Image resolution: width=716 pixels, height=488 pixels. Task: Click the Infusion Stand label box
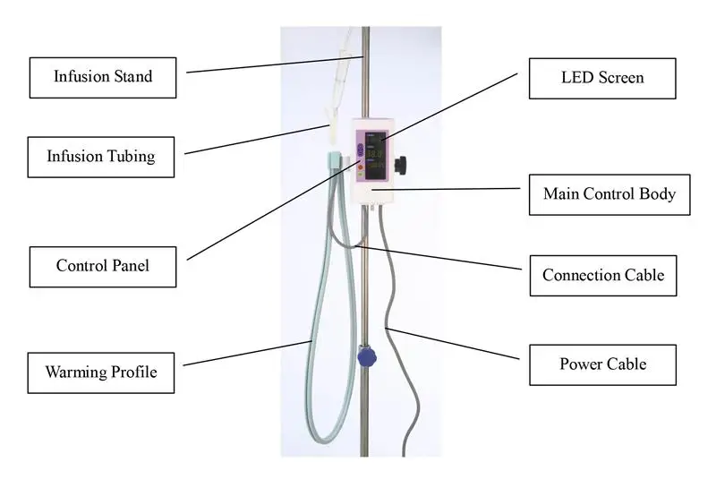pyautogui.click(x=103, y=77)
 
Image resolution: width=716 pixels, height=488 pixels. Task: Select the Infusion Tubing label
pyautogui.click(x=101, y=156)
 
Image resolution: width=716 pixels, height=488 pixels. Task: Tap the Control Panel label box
pyautogui.click(x=102, y=265)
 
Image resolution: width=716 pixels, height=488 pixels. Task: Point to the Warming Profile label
pyautogui.click(x=101, y=372)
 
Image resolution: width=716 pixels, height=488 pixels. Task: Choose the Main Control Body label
pyautogui.click(x=609, y=193)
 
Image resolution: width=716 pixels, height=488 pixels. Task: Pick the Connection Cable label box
pyautogui.click(x=602, y=274)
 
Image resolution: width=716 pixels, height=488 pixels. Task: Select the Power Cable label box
pyautogui.click(x=602, y=364)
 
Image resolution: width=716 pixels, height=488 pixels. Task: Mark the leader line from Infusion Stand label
pyautogui.click(x=268, y=64)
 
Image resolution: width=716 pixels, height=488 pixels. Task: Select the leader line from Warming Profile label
pyautogui.click(x=246, y=353)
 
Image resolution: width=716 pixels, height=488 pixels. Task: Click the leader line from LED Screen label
pyautogui.click(x=447, y=107)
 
